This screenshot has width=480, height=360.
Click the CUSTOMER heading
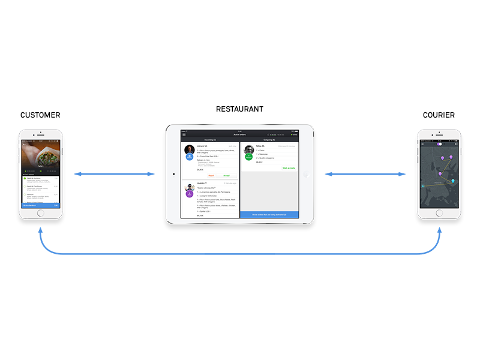pos(40,115)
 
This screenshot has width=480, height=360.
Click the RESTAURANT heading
pos(239,109)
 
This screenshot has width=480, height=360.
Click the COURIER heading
pos(439,115)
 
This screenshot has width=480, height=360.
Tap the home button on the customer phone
pos(40,213)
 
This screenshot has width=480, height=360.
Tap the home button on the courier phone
pos(439,213)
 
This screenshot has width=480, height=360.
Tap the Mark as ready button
pos(289,168)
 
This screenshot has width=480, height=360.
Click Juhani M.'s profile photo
pos(189,149)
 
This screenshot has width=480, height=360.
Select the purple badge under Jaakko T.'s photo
pos(189,193)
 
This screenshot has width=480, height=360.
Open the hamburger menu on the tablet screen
pos(184,134)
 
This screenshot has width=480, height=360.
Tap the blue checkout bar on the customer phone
pos(40,205)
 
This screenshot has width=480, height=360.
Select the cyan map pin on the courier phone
pos(453,181)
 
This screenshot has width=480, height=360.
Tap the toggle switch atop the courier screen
pos(439,144)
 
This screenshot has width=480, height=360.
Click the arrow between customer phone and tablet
pos(114,175)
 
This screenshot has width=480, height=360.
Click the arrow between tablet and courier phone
pos(365,175)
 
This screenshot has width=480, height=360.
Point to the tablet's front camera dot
pos(173,175)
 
